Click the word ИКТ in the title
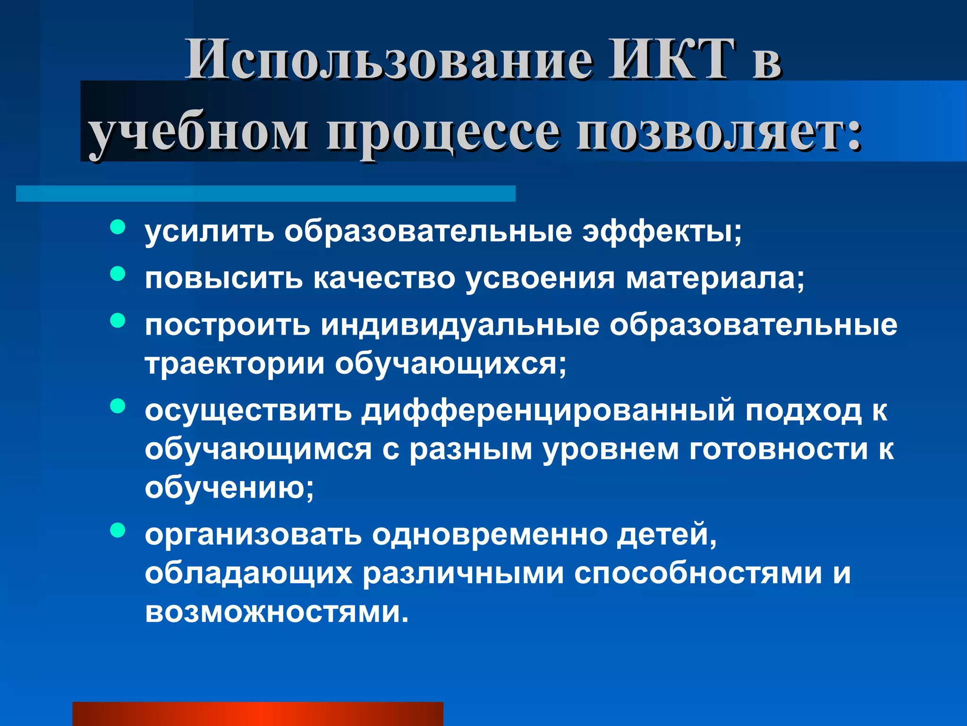pyautogui.click(x=672, y=60)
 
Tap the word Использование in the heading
pyautogui.click(x=389, y=60)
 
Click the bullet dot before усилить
pyautogui.click(x=118, y=227)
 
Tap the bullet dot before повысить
pyautogui.click(x=118, y=274)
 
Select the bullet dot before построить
pyautogui.click(x=118, y=321)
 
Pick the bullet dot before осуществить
pyautogui.click(x=118, y=406)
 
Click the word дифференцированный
pyautogui.click(x=548, y=410)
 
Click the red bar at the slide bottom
pyautogui.click(x=258, y=714)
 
